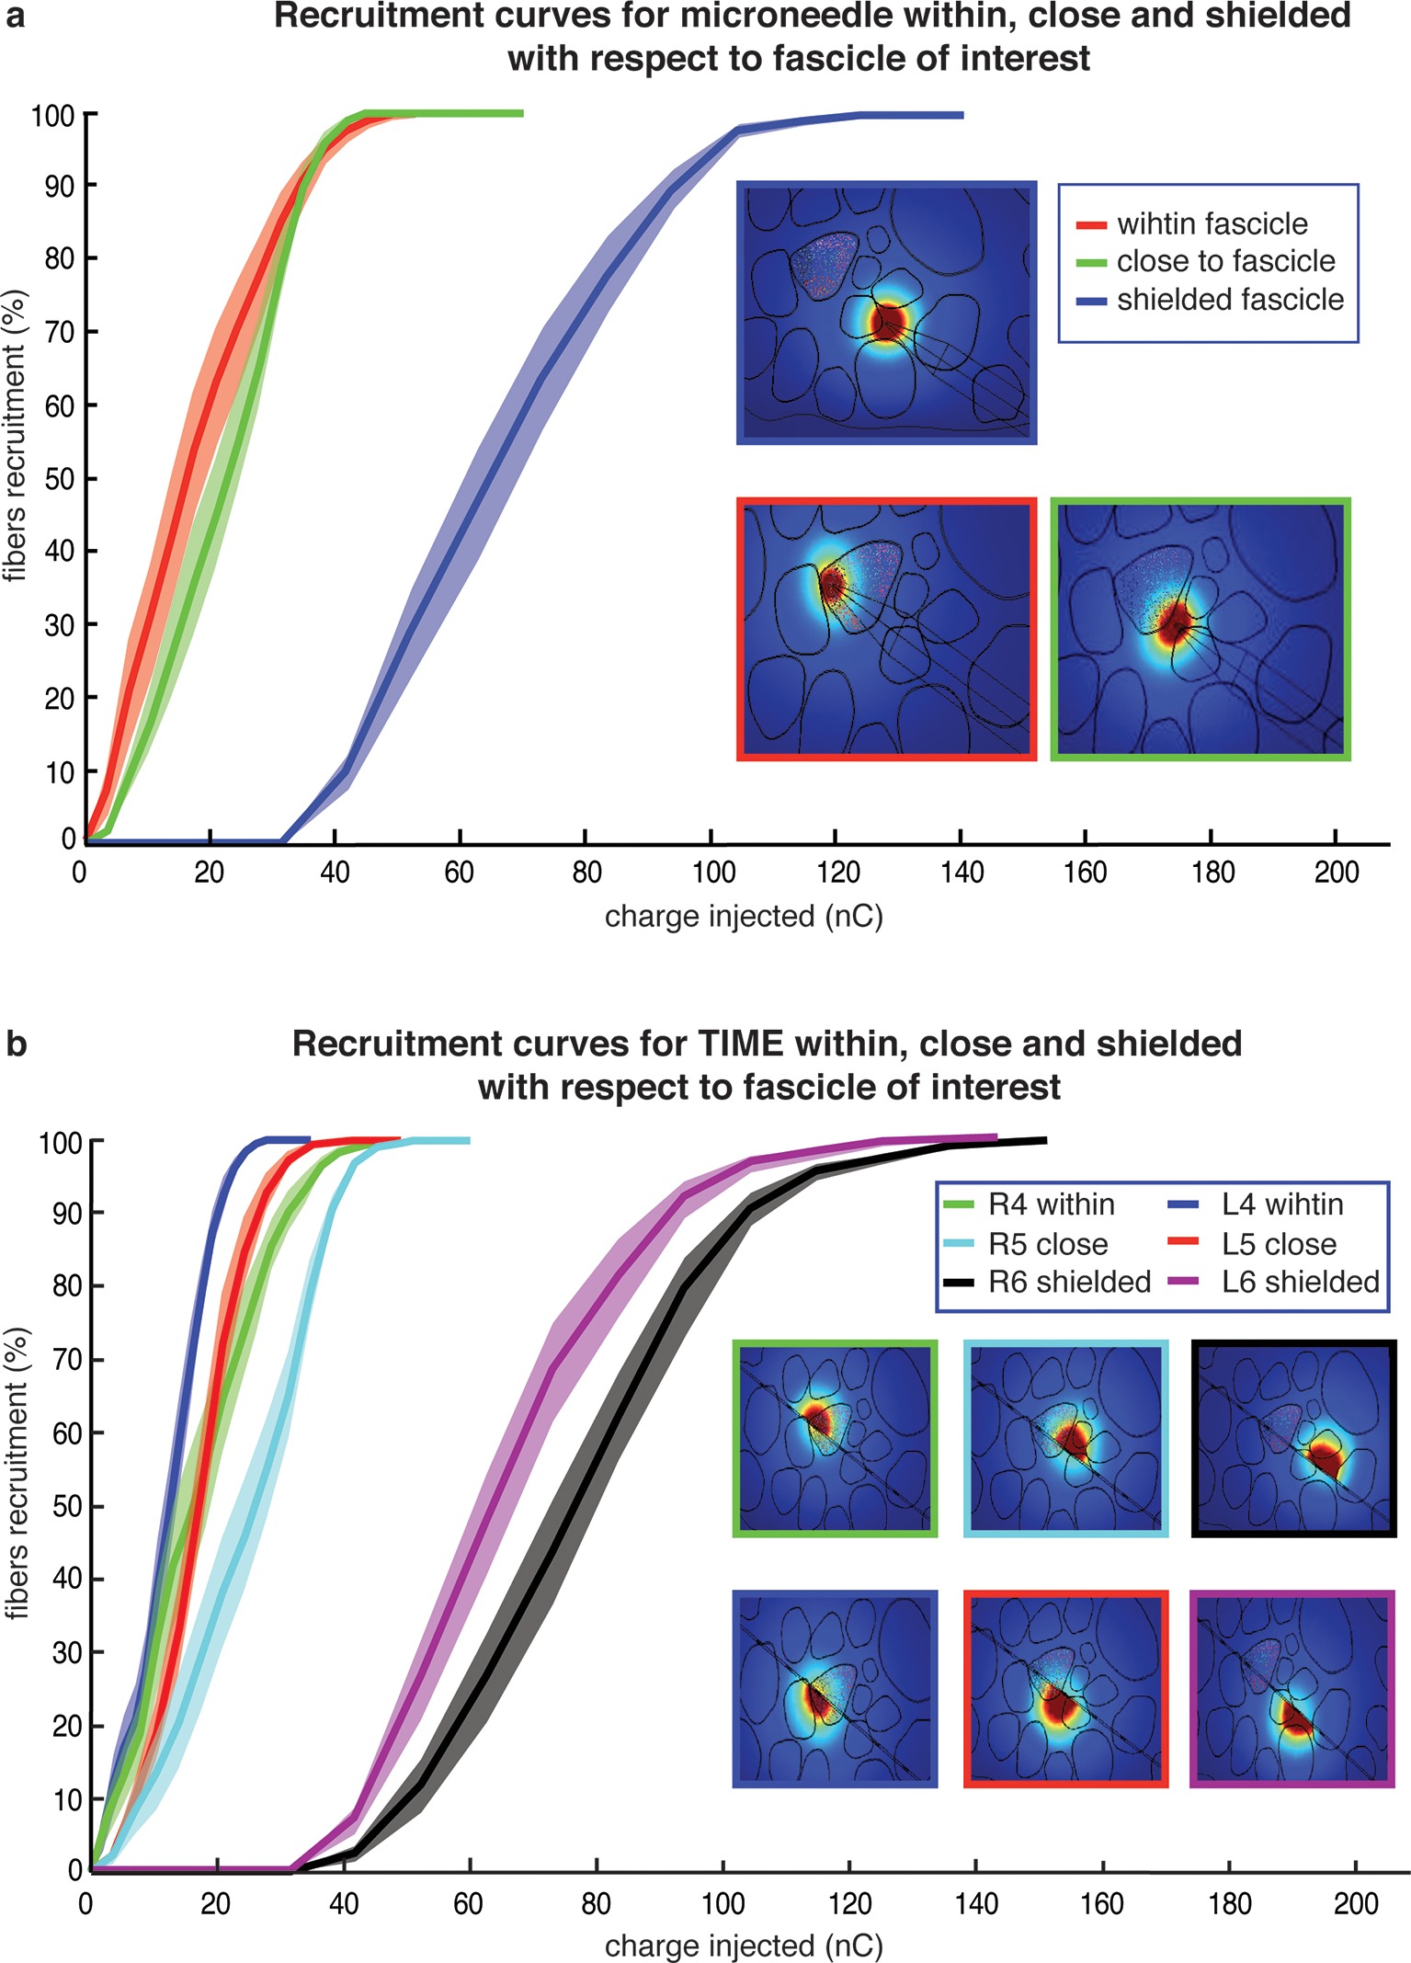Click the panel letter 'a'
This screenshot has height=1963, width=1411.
click(x=16, y=16)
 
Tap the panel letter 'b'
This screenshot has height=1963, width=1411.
click(x=16, y=1045)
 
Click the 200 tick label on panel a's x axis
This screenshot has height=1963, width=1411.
click(x=1336, y=873)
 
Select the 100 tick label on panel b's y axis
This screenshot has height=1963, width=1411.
click(x=60, y=1143)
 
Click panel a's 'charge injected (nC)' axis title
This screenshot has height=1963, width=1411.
click(x=744, y=917)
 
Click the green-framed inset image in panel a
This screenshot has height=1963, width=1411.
click(x=1200, y=630)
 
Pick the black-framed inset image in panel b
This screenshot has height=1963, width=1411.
click(x=1293, y=1438)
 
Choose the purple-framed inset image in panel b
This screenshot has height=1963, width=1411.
click(x=1292, y=1689)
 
